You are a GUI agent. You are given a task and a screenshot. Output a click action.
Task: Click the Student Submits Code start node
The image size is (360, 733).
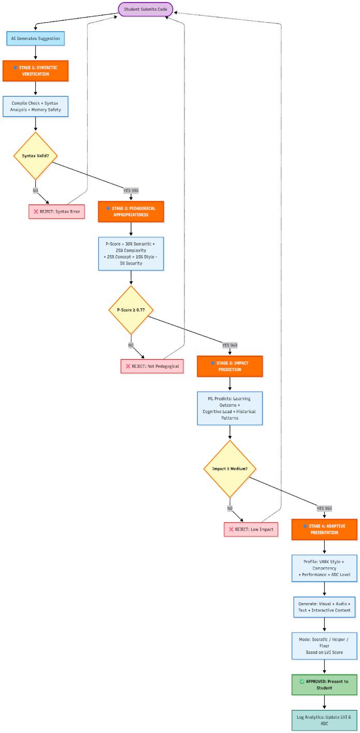click(145, 9)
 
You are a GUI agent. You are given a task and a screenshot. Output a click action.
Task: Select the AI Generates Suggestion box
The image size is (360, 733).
click(35, 38)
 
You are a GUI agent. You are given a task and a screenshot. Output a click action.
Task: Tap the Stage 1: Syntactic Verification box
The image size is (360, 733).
click(35, 70)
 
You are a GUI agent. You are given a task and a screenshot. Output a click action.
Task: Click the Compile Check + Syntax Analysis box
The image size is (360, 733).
click(35, 106)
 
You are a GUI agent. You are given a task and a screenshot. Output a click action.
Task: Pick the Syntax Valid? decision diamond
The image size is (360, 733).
click(35, 155)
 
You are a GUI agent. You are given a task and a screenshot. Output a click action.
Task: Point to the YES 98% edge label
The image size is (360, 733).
click(131, 190)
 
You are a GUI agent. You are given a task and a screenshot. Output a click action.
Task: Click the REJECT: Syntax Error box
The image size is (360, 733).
click(56, 211)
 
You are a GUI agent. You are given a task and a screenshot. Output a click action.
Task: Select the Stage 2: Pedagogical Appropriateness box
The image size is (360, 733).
click(131, 211)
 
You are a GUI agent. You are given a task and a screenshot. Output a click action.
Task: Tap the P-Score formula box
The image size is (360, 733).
click(131, 253)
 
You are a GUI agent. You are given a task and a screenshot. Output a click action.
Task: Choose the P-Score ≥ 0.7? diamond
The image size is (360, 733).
click(131, 310)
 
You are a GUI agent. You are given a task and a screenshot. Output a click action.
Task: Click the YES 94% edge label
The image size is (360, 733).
click(229, 345)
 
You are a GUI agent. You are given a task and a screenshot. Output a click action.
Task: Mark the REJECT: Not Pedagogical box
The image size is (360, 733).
click(152, 366)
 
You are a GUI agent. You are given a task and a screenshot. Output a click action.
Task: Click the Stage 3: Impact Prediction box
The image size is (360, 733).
click(229, 366)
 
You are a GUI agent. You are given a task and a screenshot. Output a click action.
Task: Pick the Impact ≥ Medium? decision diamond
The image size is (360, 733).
click(229, 469)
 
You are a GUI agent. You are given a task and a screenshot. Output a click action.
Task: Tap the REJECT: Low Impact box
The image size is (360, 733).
click(251, 529)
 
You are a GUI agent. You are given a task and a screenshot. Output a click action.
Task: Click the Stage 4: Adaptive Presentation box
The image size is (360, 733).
click(324, 529)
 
